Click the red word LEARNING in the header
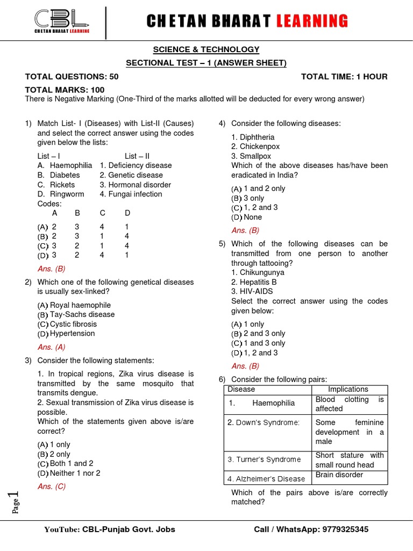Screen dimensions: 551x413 pyautogui.click(x=312, y=22)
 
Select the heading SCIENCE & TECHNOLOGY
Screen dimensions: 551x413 pyautogui.click(x=206, y=50)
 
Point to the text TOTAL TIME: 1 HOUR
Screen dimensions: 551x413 pyautogui.click(x=344, y=76)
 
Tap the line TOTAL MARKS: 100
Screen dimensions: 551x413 pyautogui.click(x=65, y=90)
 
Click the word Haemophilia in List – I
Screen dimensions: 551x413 pyautogui.click(x=71, y=165)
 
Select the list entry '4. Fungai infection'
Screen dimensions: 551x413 pyautogui.click(x=131, y=194)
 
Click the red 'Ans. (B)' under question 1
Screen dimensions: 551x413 pyautogui.click(x=52, y=269)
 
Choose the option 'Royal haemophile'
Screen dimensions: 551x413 pyautogui.click(x=80, y=305)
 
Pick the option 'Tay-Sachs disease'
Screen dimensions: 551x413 pyautogui.click(x=82, y=314)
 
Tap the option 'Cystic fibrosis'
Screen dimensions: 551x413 pyautogui.click(x=73, y=324)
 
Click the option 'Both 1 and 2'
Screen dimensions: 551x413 pyautogui.click(x=72, y=463)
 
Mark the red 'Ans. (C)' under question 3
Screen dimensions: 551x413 pyautogui.click(x=52, y=486)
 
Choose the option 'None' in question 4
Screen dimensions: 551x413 pyautogui.click(x=253, y=217)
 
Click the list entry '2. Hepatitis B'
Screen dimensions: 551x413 pyautogui.click(x=254, y=282)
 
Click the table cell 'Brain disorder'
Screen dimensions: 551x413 pyautogui.click(x=339, y=475)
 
